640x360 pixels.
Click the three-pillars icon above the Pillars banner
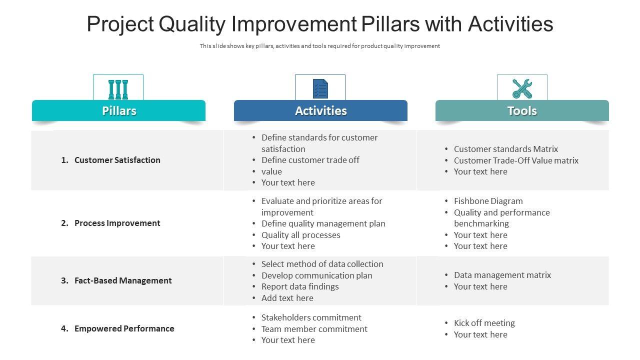(x=118, y=89)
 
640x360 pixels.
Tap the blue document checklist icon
(x=320, y=88)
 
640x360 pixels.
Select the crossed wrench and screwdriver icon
(x=522, y=88)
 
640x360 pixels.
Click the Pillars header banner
(x=118, y=110)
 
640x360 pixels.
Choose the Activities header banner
(x=320, y=110)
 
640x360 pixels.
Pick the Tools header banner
(x=522, y=110)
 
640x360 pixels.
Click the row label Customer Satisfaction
(x=117, y=160)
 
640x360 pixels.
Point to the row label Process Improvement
(x=117, y=223)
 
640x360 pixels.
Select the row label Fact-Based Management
(x=123, y=280)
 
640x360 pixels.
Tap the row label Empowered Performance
(x=124, y=328)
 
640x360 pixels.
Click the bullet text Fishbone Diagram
(x=488, y=201)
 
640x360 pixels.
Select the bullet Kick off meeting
(x=484, y=323)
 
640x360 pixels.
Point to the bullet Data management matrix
(x=502, y=275)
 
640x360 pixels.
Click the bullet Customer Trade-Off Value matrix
(x=516, y=160)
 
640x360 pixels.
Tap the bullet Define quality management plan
(x=323, y=223)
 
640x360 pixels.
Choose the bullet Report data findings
(x=300, y=286)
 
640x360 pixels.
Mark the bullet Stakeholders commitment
(x=311, y=317)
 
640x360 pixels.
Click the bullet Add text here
(x=287, y=298)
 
